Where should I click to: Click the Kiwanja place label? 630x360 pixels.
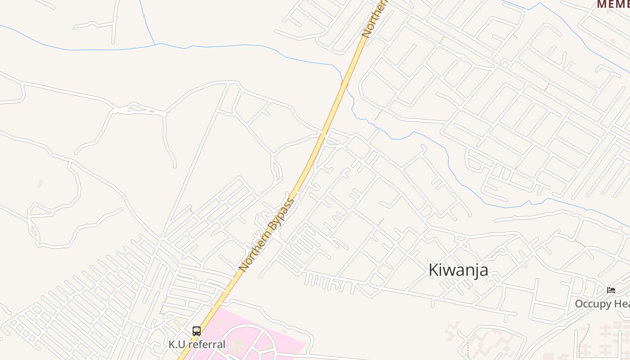pyautogui.click(x=458, y=270)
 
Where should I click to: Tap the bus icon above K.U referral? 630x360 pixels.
pyautogui.click(x=197, y=331)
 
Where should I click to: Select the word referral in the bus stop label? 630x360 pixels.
pyautogui.click(x=207, y=345)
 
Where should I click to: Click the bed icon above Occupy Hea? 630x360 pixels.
pyautogui.click(x=611, y=290)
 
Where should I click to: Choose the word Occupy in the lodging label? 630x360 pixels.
pyautogui.click(x=592, y=304)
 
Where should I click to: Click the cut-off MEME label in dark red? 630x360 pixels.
pyautogui.click(x=613, y=4)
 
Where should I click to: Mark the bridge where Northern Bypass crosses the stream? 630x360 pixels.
pyautogui.click(x=345, y=84)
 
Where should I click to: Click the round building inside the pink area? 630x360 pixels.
pyautogui.click(x=235, y=346)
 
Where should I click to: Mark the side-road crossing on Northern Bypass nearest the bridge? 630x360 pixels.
pyautogui.click(x=322, y=134)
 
